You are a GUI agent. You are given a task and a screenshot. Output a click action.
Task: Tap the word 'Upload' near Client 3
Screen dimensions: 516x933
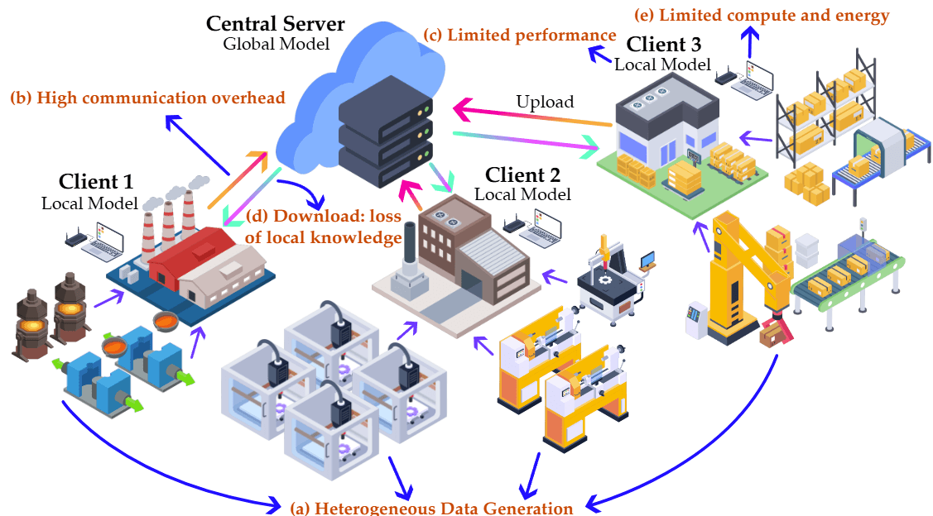point(544,103)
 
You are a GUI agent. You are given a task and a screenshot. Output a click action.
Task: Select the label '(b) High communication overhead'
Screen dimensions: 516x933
point(147,98)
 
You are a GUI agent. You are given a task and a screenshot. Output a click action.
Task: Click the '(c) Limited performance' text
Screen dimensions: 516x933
point(520,36)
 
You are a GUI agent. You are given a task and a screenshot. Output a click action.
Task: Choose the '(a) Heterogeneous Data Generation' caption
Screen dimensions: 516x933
point(431,507)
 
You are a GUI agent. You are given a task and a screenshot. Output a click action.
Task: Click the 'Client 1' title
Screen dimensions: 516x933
point(96,181)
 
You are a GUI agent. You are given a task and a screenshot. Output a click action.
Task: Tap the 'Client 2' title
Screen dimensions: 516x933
point(522,174)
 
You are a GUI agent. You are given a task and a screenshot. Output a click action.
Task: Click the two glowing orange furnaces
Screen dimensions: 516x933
point(51,318)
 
